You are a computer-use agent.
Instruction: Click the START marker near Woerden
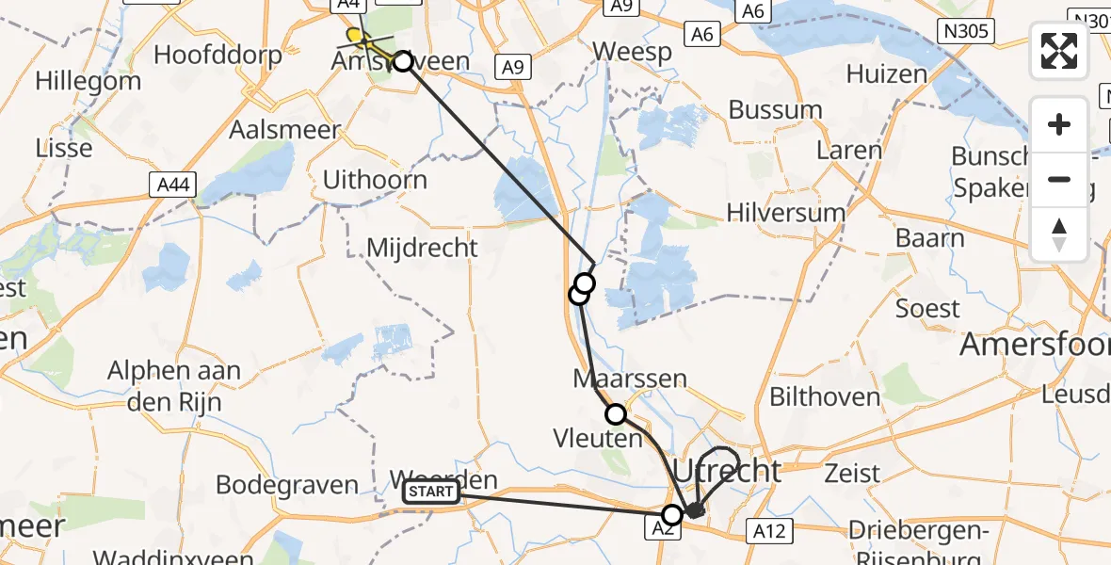[x=431, y=492]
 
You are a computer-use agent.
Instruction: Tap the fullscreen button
[x=1059, y=51]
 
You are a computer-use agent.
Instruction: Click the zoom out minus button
[x=1059, y=179]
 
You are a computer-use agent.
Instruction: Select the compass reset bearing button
[x=1059, y=234]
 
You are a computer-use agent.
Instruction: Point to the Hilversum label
[x=786, y=213]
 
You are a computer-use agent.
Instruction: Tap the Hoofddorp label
[x=217, y=54]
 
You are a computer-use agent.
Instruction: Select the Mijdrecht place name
[x=423, y=249]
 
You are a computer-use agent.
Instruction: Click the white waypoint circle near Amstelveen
[x=402, y=61]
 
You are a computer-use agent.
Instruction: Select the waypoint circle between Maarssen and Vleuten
[x=615, y=413]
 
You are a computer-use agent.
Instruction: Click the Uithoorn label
[x=375, y=179]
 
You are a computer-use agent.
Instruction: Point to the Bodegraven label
[x=287, y=485]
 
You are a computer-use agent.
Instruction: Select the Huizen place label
[x=887, y=73]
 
